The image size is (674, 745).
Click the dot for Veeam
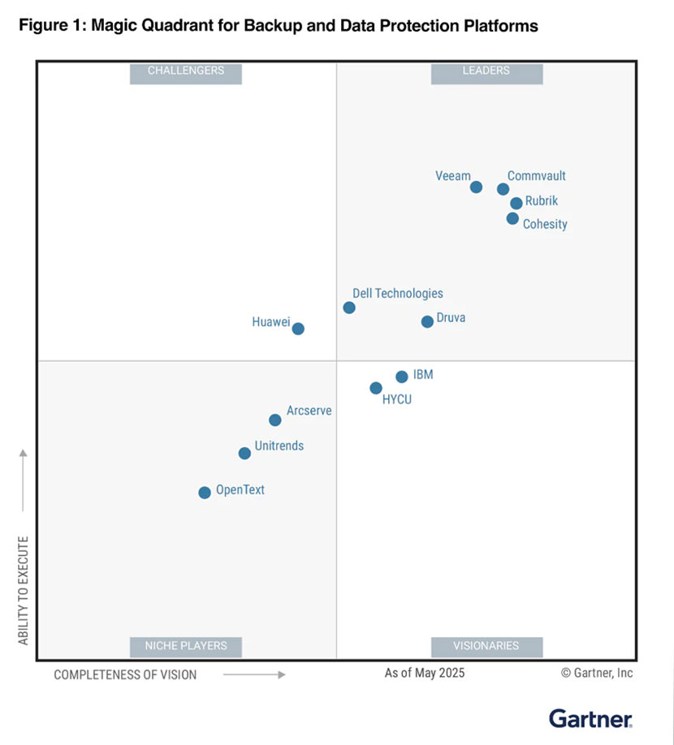(476, 187)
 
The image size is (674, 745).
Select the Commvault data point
(503, 189)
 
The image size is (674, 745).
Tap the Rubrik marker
(516, 204)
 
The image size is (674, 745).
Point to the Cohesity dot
(512, 218)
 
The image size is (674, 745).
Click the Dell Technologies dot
(349, 308)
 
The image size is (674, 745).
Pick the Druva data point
(427, 322)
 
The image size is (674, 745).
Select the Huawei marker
(298, 329)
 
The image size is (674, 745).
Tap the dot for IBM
(401, 377)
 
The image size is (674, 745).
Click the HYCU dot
(376, 388)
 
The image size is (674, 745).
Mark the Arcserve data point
(275, 420)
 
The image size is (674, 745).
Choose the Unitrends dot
(244, 454)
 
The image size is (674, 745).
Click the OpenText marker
(205, 493)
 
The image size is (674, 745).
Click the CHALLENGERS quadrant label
(186, 71)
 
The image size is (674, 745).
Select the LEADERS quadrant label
(486, 71)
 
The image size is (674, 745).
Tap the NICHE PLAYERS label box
(186, 646)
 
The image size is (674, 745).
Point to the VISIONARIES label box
(486, 646)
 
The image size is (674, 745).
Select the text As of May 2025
(425, 673)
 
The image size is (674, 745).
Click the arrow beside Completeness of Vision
(254, 674)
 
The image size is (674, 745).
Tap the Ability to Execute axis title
(24, 590)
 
